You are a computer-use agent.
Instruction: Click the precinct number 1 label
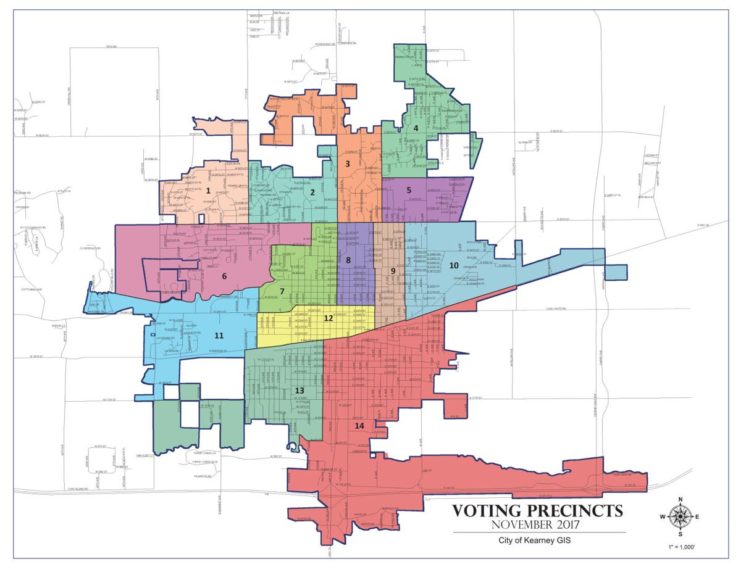[209, 191]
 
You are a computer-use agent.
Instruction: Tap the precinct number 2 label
[313, 192]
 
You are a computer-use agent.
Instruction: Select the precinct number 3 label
[348, 164]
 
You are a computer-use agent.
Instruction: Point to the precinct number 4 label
[416, 128]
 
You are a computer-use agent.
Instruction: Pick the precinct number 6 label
[224, 276]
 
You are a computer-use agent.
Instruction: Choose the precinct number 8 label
[348, 260]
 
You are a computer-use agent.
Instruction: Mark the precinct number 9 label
[393, 271]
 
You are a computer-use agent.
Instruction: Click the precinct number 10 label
[453, 265]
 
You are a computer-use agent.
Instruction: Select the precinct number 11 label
[219, 335]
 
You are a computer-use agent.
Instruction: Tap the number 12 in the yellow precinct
[329, 318]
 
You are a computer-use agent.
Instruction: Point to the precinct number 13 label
[299, 391]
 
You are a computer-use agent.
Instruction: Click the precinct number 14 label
[359, 426]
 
